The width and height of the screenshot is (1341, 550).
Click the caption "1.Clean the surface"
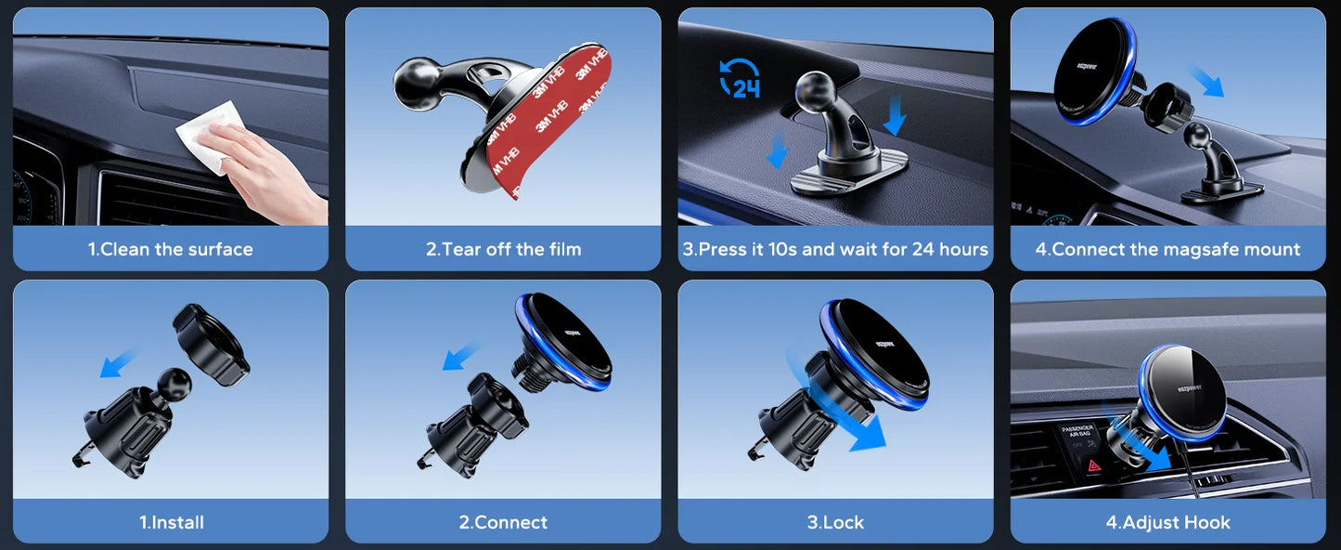click(x=170, y=249)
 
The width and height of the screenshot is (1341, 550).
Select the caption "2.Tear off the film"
click(x=503, y=249)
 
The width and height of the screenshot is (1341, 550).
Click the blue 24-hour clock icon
click(x=740, y=78)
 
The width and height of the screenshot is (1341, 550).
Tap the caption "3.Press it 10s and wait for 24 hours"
click(x=835, y=249)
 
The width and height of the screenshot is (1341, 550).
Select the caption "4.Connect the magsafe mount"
click(x=1167, y=249)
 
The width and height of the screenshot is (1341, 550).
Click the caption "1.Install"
click(x=171, y=522)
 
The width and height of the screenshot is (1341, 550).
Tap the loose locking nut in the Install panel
click(x=213, y=346)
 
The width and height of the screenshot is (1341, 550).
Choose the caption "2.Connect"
click(x=503, y=522)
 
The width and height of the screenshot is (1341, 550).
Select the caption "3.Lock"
click(x=835, y=522)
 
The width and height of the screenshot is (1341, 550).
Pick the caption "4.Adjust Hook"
click(x=1167, y=522)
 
